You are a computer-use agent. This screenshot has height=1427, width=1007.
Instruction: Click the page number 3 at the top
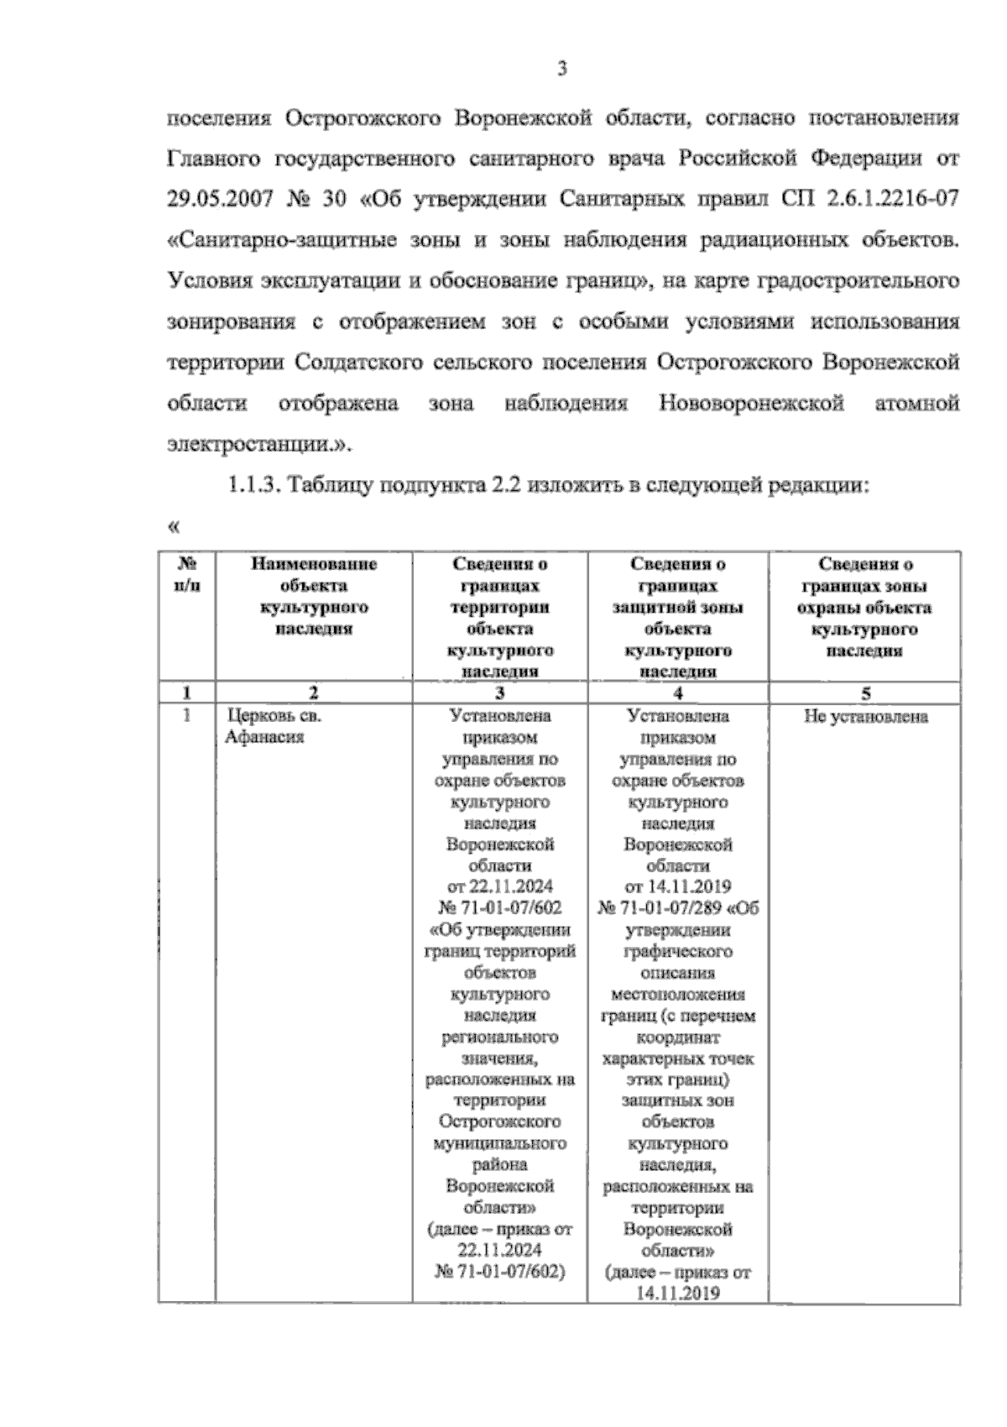coord(562,70)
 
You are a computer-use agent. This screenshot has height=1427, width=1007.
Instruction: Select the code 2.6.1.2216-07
coord(891,201)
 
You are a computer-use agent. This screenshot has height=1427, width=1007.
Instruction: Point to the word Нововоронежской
coord(751,404)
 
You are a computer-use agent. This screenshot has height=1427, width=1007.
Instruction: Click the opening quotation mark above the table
coord(174,527)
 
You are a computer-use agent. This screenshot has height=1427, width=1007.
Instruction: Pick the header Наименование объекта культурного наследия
coord(314,596)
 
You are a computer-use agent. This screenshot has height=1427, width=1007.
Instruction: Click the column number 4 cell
coord(677,693)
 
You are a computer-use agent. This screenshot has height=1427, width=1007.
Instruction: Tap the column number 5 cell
coord(865,693)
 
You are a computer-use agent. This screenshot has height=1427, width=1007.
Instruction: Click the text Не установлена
coord(865,717)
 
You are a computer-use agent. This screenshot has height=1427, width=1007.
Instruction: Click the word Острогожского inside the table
coord(500,1121)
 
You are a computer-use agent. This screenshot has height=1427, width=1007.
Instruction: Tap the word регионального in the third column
coord(500,1037)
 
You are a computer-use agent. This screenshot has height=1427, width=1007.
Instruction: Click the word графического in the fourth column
coord(678,951)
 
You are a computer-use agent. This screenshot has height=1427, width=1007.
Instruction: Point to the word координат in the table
coord(678,1037)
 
